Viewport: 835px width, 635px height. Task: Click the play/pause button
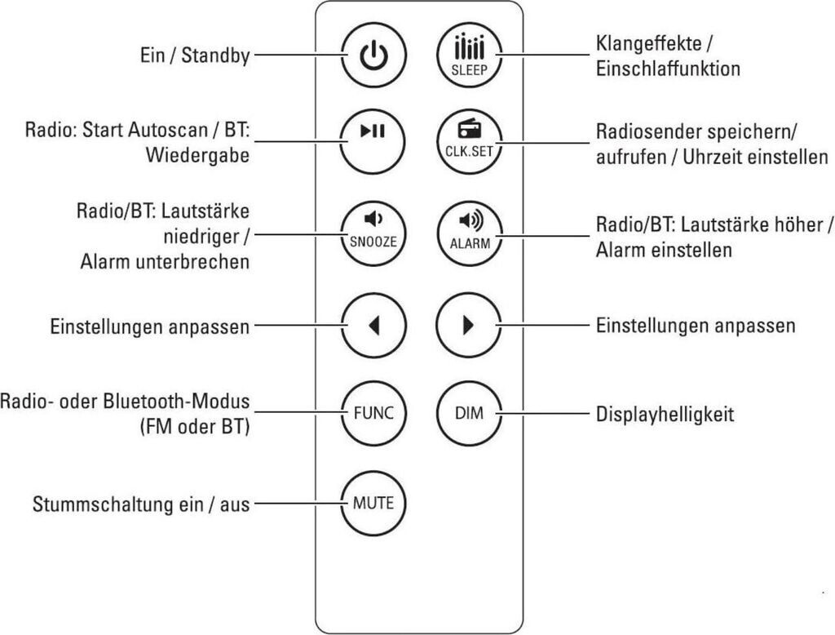point(373,141)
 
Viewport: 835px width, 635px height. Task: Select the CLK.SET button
point(468,141)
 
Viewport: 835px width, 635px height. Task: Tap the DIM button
point(468,413)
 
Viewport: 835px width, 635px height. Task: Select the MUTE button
point(373,503)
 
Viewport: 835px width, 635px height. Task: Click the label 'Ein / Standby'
point(193,56)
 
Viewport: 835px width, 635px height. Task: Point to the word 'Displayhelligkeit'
point(665,415)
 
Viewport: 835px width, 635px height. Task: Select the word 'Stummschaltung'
point(95,504)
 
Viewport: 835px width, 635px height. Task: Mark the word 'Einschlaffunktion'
point(668,69)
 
